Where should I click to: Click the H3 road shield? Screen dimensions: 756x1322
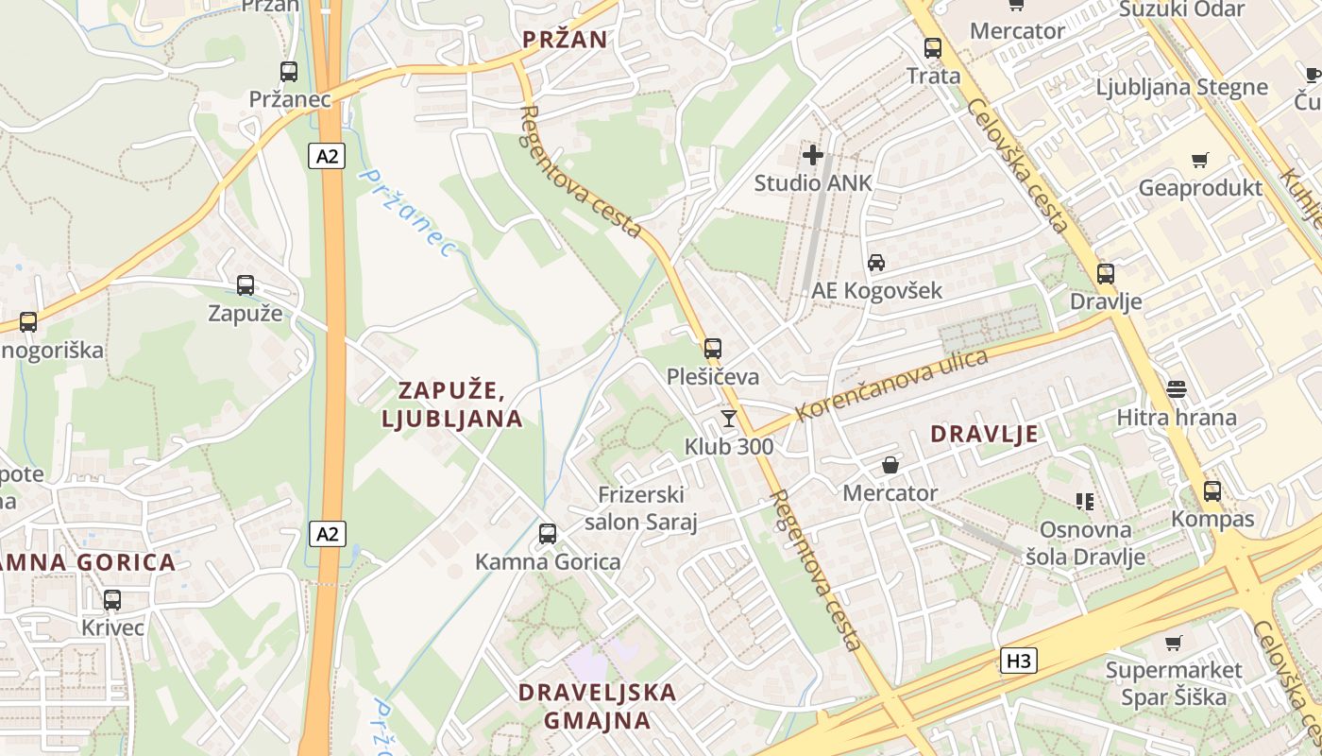click(x=1019, y=661)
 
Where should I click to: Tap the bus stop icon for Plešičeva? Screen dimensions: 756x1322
click(x=713, y=349)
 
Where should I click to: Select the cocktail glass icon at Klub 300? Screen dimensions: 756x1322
click(x=728, y=418)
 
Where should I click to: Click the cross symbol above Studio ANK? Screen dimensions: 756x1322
click(x=813, y=154)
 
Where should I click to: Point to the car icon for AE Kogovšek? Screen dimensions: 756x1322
click(x=876, y=263)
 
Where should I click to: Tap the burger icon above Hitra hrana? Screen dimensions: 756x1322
click(x=1176, y=388)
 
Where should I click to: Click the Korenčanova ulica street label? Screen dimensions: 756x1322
click(x=891, y=386)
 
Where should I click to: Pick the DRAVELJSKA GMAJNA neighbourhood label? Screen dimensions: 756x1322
click(x=597, y=706)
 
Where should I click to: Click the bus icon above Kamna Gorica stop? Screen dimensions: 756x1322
click(x=547, y=534)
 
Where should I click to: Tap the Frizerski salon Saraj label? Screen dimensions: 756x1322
click(x=641, y=508)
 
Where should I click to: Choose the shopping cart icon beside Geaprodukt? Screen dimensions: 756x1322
click(x=1199, y=161)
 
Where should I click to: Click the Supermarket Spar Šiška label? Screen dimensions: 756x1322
click(x=1174, y=683)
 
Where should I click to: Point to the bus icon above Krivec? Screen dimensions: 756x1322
click(x=112, y=599)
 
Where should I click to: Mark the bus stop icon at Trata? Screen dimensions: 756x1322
click(x=933, y=47)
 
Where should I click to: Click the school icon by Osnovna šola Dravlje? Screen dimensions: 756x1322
click(x=1084, y=501)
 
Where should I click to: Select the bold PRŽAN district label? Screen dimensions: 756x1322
click(x=565, y=40)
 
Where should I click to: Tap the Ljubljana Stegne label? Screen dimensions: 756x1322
click(x=1181, y=87)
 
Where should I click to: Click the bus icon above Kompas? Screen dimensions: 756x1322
click(x=1212, y=491)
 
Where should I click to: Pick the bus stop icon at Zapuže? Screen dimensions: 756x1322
click(x=246, y=285)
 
